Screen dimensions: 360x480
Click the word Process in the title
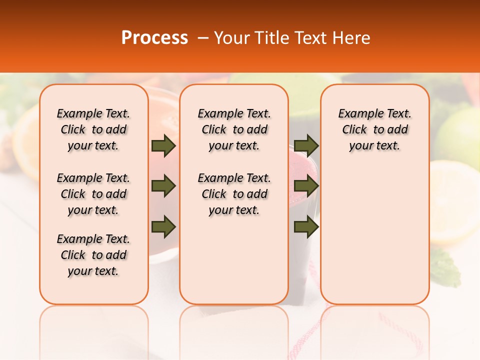coord(154,38)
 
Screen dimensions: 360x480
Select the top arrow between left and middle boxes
coord(163,146)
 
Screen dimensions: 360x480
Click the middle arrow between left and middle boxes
coord(163,186)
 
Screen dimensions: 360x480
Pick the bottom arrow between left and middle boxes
coord(163,226)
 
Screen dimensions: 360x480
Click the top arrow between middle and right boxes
coord(306,146)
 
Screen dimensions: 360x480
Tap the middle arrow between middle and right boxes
coord(306,186)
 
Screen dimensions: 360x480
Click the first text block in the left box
coord(93,129)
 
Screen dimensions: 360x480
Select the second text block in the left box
coord(93,194)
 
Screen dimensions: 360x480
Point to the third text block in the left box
coord(93,255)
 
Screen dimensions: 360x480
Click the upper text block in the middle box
coord(234,129)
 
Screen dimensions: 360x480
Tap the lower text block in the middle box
coord(234,194)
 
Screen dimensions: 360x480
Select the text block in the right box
coord(374,129)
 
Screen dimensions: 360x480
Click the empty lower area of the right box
coord(374,235)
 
